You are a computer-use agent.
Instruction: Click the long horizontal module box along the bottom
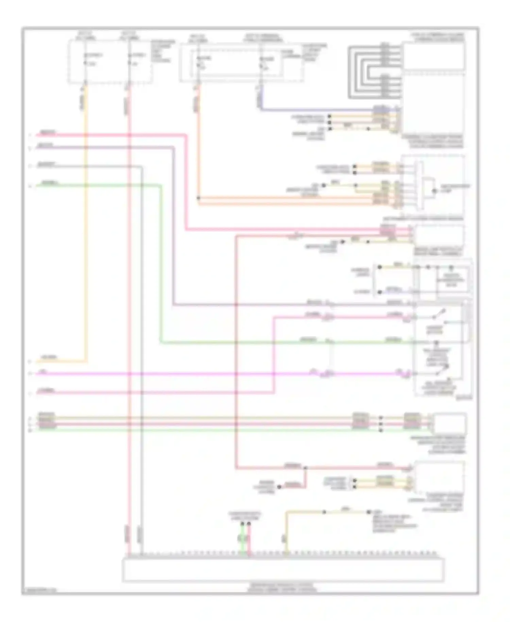point(283,569)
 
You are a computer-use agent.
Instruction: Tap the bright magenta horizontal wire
point(204,374)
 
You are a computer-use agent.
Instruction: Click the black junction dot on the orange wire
point(199,198)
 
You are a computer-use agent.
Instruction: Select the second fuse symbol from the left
point(129,59)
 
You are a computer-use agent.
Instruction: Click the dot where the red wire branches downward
point(305,468)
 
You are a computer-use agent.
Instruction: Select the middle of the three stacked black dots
point(381,424)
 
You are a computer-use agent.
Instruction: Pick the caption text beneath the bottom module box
point(283,588)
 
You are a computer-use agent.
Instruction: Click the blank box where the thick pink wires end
point(439,235)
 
